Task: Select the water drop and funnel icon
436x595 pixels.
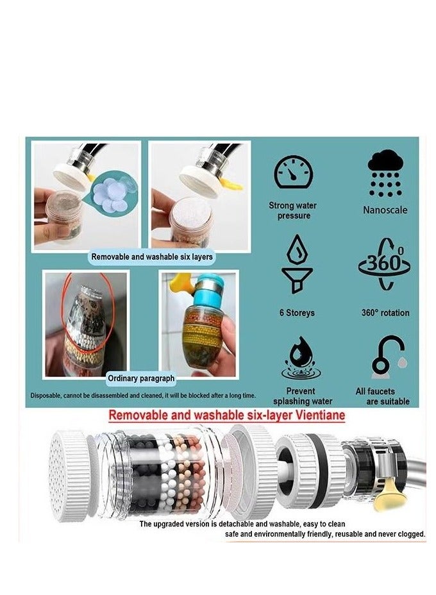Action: click(x=297, y=264)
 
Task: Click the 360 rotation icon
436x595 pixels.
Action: click(x=385, y=264)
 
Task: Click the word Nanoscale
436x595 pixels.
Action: click(x=385, y=210)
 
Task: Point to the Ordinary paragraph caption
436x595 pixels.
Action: click(x=140, y=378)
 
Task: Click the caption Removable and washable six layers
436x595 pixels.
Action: click(x=152, y=256)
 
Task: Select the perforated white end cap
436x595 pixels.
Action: click(x=69, y=474)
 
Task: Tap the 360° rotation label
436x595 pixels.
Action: click(x=385, y=313)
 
